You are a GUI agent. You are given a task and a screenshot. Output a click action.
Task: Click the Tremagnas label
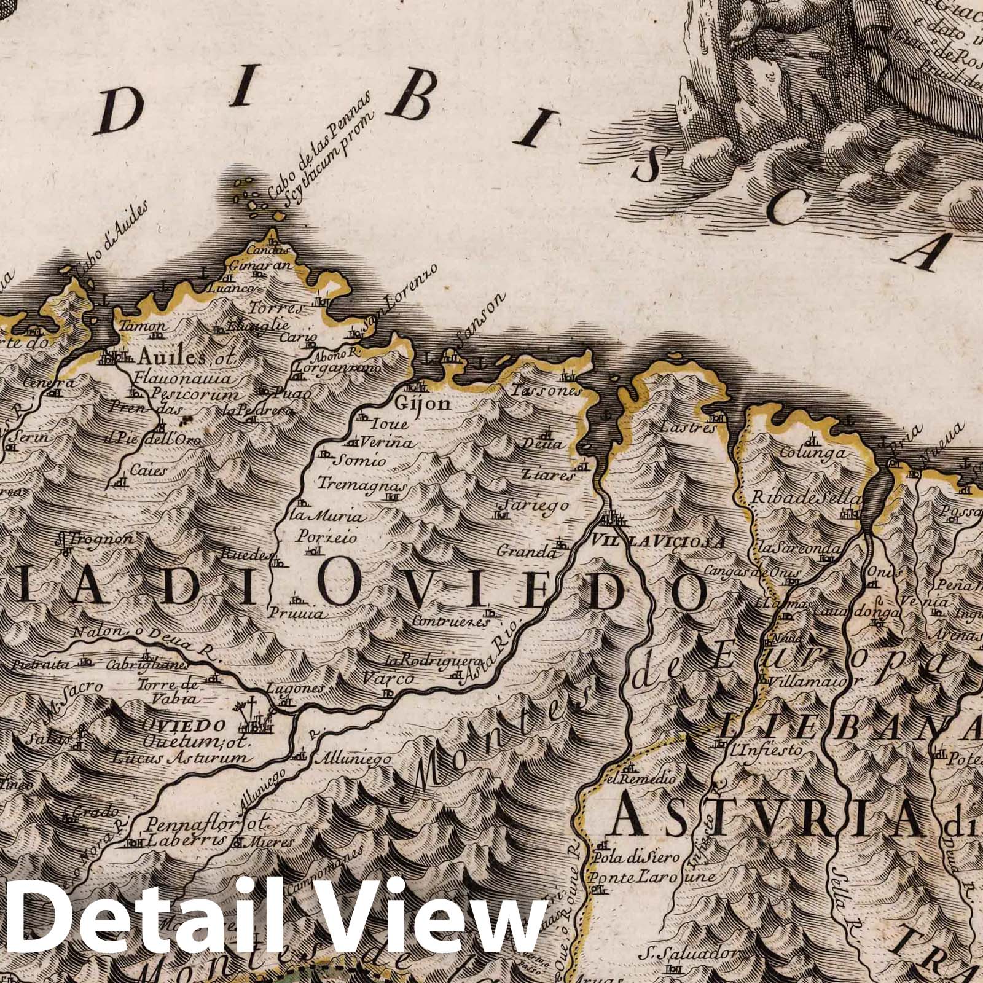(x=362, y=484)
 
